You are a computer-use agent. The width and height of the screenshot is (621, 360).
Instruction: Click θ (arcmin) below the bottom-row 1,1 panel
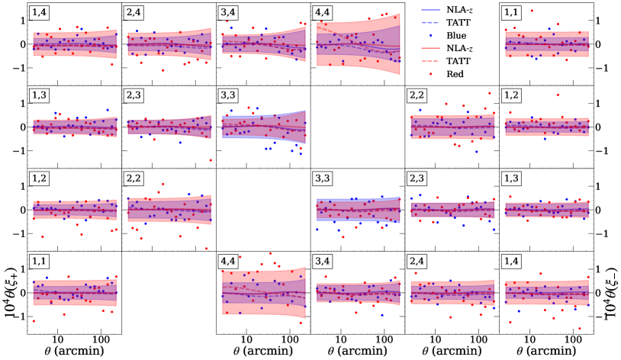pyautogui.click(x=75, y=351)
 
